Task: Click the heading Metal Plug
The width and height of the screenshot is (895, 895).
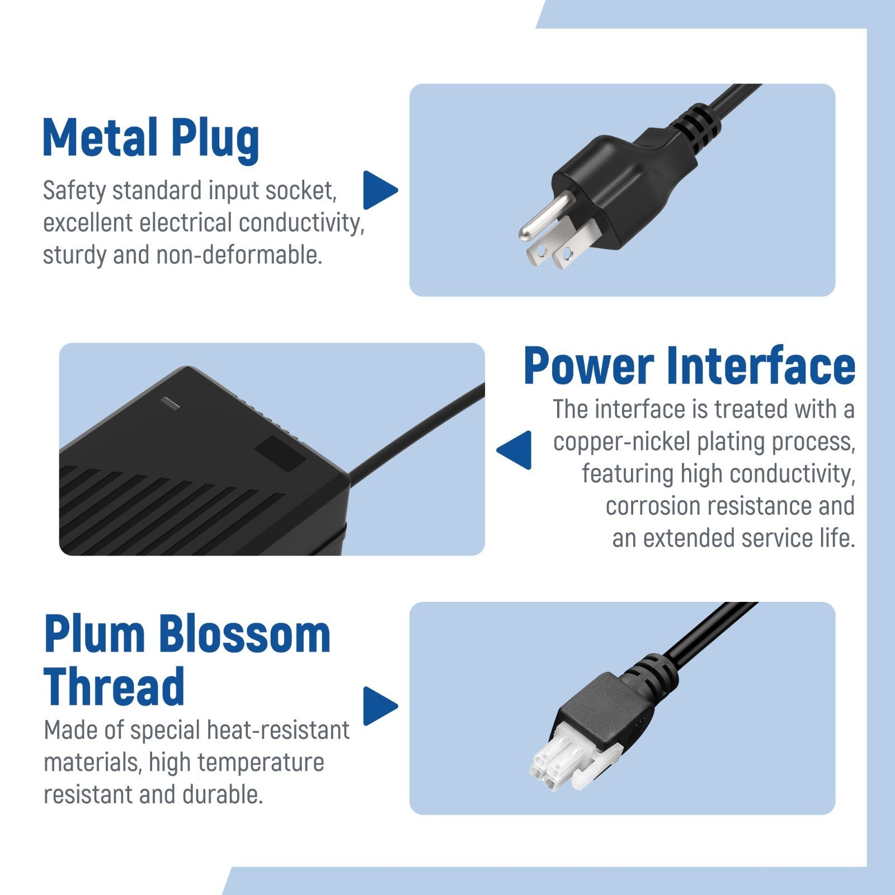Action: [151, 138]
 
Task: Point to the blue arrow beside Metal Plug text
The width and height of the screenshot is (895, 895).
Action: [380, 190]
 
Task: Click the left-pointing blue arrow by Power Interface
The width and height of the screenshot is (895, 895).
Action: [514, 450]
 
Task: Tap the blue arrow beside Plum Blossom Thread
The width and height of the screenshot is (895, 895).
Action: [380, 706]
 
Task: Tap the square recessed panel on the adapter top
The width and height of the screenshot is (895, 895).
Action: [280, 453]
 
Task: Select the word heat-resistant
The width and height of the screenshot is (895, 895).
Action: [279, 730]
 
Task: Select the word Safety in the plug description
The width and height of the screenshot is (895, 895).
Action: [74, 191]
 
